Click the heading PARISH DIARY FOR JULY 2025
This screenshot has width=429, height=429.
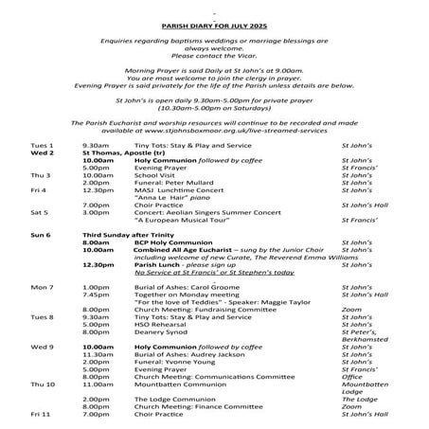tap(214, 17)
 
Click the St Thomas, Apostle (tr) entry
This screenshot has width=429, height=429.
tap(122, 152)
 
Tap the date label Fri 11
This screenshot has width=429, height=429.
tap(41, 414)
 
